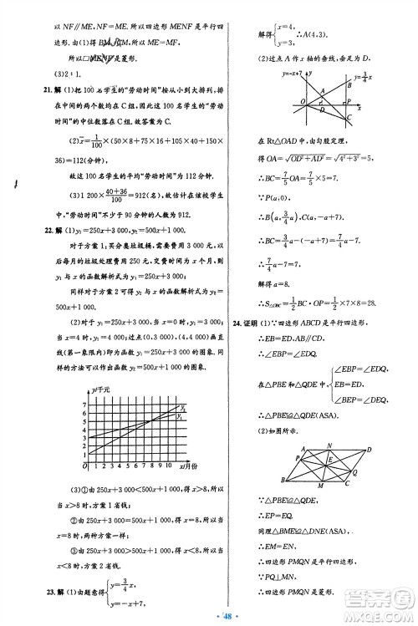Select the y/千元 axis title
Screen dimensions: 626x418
(x=100, y=389)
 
